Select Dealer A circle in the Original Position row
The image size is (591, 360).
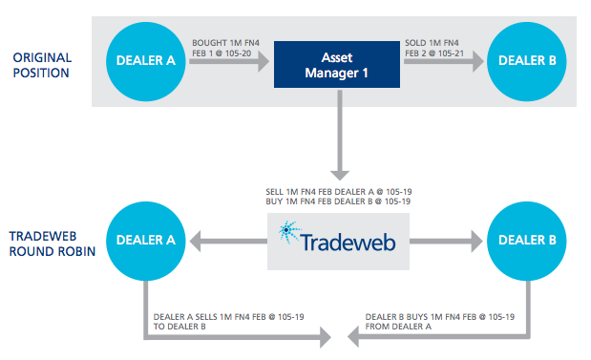coord(145,60)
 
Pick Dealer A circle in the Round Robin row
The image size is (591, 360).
coord(145,242)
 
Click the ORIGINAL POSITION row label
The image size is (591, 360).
coord(42,65)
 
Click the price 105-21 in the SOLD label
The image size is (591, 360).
coord(442,53)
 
